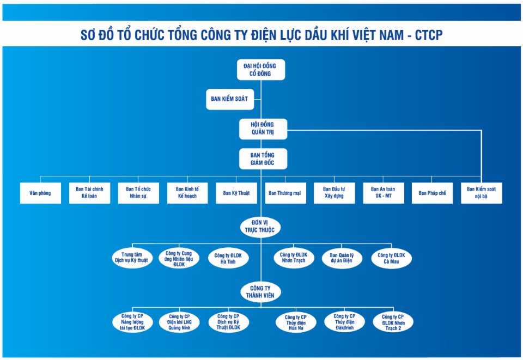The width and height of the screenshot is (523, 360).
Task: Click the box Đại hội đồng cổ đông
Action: (261, 70)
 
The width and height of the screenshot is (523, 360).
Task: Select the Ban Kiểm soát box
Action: (230, 99)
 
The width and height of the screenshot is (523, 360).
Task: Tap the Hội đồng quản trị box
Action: (263, 129)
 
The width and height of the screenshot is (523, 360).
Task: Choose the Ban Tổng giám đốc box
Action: (263, 158)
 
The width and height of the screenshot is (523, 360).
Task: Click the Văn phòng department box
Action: (40, 193)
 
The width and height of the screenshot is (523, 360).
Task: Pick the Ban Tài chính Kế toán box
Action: (89, 193)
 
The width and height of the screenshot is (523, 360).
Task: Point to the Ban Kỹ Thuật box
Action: (236, 193)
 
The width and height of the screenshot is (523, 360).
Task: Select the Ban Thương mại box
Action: (285, 193)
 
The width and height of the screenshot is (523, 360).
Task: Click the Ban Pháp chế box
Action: (432, 193)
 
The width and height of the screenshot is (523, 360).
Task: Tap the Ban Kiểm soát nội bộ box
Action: (481, 193)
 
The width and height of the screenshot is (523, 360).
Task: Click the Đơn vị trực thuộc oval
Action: (260, 227)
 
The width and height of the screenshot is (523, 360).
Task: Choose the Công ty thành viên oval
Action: (260, 292)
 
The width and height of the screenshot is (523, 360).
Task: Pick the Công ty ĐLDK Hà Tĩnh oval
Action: (228, 258)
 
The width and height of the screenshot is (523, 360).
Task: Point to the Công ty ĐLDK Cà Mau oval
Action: (391, 258)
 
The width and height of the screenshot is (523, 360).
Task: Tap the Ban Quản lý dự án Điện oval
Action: (342, 258)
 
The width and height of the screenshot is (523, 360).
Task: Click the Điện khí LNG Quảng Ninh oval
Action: (179, 322)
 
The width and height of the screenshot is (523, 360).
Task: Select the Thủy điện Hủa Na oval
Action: (296, 322)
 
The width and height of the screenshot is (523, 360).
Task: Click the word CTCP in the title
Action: (429, 35)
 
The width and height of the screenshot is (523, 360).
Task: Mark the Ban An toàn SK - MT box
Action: (384, 193)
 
